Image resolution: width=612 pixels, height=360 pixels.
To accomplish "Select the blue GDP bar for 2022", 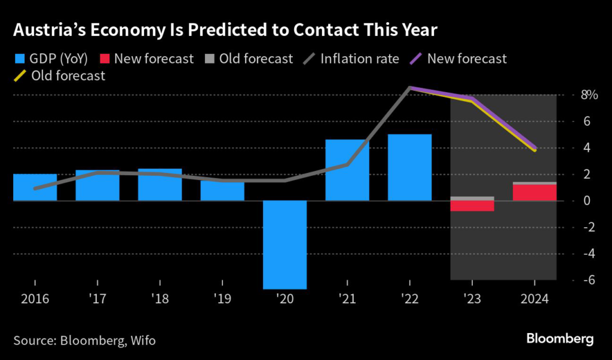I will point(409,167).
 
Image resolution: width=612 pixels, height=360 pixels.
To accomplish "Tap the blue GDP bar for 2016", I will point(35,187).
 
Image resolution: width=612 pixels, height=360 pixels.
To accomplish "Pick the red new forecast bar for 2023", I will point(472,206).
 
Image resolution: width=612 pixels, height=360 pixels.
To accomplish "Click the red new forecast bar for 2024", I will point(534,193).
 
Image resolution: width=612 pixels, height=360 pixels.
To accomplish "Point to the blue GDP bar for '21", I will point(347,170).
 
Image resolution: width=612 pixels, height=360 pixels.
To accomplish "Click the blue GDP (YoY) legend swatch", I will point(19,59).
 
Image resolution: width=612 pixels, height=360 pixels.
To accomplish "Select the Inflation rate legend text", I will point(359,59).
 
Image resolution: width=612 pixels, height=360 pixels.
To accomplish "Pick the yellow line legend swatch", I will point(19,76).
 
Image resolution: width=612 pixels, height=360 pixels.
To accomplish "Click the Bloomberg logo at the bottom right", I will point(560,338).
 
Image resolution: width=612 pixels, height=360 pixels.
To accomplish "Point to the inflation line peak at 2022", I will point(409,88).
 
